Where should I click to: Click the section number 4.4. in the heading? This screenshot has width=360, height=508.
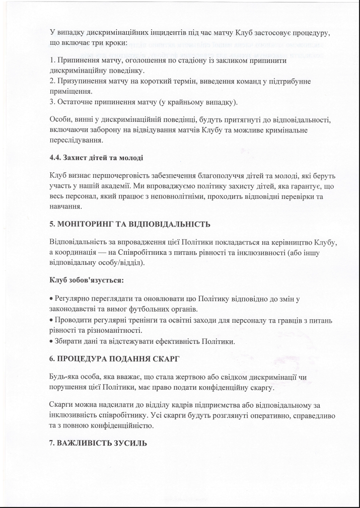(x=55, y=158)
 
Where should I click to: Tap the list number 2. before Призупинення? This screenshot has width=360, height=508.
(x=52, y=82)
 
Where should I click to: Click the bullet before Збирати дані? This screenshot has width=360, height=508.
(x=51, y=342)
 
